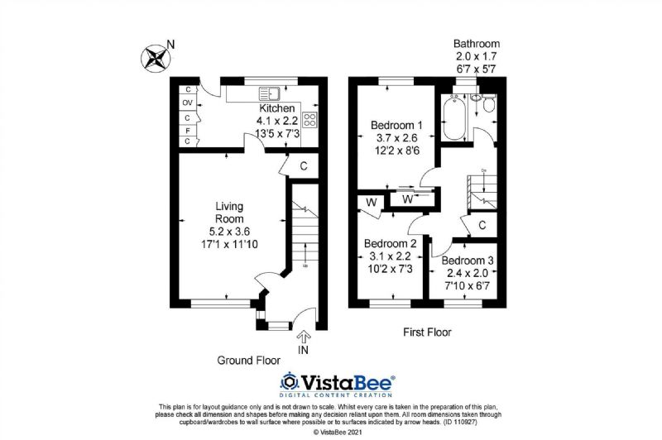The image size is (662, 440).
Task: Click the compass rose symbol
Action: [x=156, y=58]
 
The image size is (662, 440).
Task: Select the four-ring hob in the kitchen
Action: [x=309, y=119]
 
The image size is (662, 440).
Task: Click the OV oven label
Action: [x=187, y=103]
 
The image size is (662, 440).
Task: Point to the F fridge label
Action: [x=188, y=131]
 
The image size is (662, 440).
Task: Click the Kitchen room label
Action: [x=277, y=108]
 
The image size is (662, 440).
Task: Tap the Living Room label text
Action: [x=229, y=213]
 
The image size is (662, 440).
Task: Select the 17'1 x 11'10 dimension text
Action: [x=229, y=244]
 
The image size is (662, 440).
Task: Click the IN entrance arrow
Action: [x=304, y=337]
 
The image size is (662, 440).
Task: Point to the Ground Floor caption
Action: [x=249, y=361]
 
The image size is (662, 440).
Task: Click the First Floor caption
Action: [x=427, y=332]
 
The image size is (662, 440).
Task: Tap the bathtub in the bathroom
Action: [x=453, y=117]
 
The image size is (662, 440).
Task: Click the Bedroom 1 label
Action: [x=396, y=125]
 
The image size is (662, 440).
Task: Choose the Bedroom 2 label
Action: [x=390, y=243]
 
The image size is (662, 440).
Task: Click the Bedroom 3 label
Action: [x=468, y=261]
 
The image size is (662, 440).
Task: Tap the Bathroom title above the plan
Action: [x=477, y=44]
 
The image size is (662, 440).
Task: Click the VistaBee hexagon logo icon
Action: [x=289, y=382]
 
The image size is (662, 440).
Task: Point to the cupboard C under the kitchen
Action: [x=304, y=166]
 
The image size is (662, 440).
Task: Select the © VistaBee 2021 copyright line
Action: [x=338, y=433]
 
